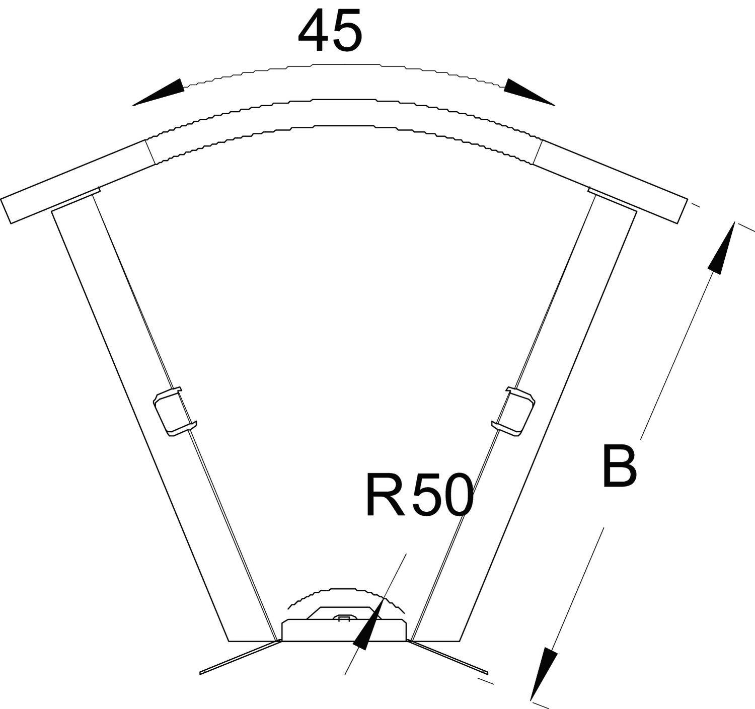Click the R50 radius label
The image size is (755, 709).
pos(419,495)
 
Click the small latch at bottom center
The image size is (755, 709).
pos(344,618)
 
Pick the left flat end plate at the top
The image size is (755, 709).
pos(75,182)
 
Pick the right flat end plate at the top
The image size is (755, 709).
pos(612,182)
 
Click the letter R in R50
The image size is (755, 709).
pos(385,495)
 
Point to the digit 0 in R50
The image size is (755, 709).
pos(456,496)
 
